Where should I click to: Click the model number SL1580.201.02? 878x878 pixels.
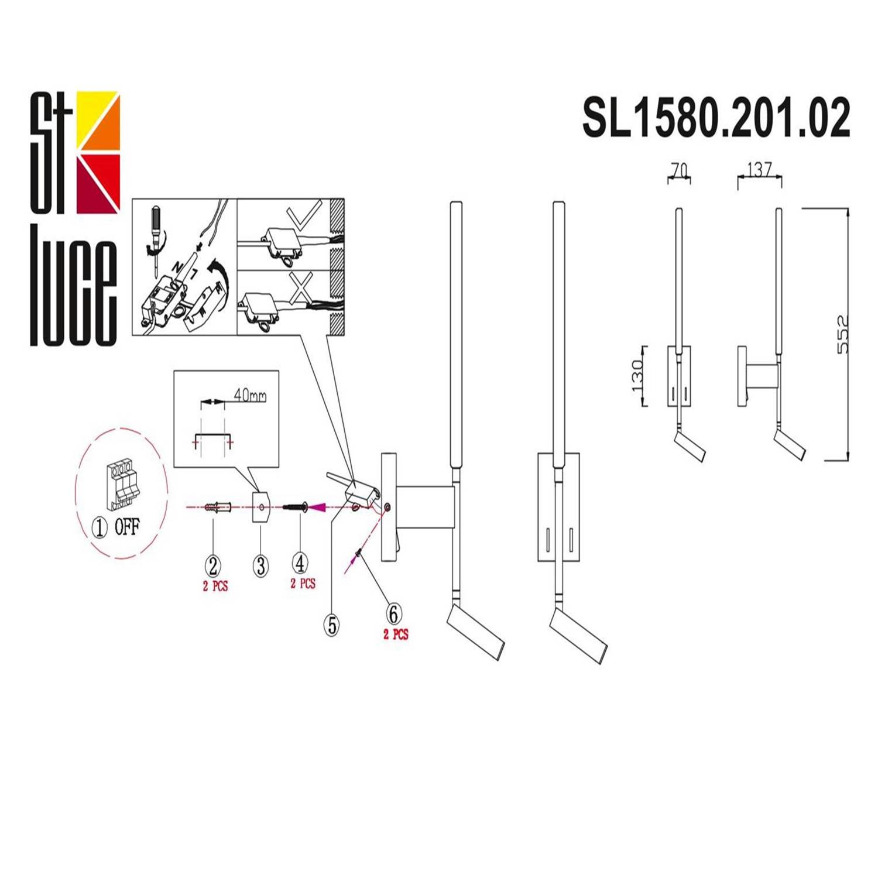tap(715, 118)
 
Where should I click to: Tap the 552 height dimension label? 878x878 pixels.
tap(842, 334)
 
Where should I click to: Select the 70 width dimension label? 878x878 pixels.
tap(678, 170)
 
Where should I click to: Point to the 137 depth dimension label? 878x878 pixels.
tap(759, 170)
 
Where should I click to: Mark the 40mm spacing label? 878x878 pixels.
tap(250, 396)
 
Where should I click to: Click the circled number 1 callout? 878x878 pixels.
tap(100, 528)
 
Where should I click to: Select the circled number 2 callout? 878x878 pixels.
tap(212, 565)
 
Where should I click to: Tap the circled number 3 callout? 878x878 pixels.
tap(260, 566)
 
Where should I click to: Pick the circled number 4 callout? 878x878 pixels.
tap(300, 563)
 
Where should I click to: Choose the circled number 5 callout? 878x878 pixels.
tap(332, 625)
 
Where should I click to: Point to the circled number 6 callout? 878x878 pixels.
tap(394, 613)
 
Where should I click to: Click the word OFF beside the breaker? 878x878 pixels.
tap(127, 527)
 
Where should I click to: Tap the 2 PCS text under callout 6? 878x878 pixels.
tap(396, 634)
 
